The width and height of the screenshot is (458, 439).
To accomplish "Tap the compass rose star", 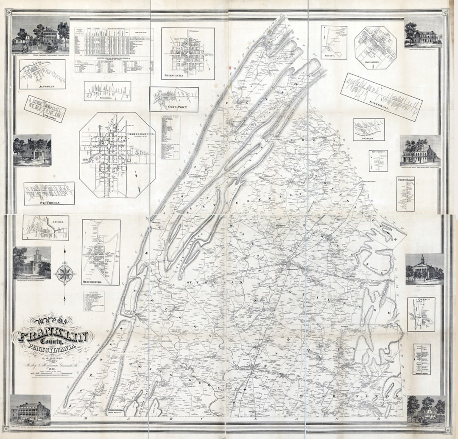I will click(64, 274).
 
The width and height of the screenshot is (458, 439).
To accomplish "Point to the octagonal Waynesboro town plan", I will click(375, 47).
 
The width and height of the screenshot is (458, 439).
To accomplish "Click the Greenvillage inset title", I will click(405, 179).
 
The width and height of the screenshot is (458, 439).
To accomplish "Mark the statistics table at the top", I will click(114, 50).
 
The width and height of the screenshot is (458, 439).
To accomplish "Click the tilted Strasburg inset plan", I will click(45, 109).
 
